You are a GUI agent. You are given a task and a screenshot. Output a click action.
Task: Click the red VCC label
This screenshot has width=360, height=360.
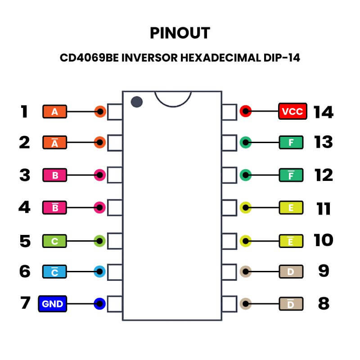click(292, 111)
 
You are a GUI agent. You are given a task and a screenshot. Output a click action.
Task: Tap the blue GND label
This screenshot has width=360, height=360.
click(53, 304)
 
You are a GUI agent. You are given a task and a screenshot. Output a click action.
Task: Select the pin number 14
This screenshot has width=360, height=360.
click(324, 112)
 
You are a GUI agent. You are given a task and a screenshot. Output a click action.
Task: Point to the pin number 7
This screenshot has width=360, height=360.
click(25, 303)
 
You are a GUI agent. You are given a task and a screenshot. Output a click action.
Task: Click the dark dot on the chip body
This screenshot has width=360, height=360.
click(137, 102)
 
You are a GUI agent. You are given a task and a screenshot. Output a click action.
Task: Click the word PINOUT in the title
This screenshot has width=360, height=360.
click(180, 33)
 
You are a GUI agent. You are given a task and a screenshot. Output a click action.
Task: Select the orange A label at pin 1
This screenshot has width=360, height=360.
click(55, 112)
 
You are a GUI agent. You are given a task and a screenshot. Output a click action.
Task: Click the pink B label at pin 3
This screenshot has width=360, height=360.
click(55, 175)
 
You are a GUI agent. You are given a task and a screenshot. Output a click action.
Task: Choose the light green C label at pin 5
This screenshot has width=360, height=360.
click(55, 241)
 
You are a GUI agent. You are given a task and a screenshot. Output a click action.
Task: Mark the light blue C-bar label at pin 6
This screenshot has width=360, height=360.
click(55, 272)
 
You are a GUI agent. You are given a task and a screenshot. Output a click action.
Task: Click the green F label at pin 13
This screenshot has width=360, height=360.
click(291, 143)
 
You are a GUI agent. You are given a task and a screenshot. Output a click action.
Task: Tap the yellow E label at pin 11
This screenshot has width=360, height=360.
click(291, 208)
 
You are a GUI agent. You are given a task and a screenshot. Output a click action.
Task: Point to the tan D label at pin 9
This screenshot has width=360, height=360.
click(291, 272)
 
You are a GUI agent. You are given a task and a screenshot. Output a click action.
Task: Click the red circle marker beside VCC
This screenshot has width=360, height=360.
click(245, 111)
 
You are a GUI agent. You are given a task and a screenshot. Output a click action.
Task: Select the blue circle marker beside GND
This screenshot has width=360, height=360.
click(99, 304)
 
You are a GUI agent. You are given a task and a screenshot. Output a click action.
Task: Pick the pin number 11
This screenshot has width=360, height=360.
click(324, 209)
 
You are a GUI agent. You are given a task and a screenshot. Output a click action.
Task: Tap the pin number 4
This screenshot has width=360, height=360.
click(24, 207)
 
